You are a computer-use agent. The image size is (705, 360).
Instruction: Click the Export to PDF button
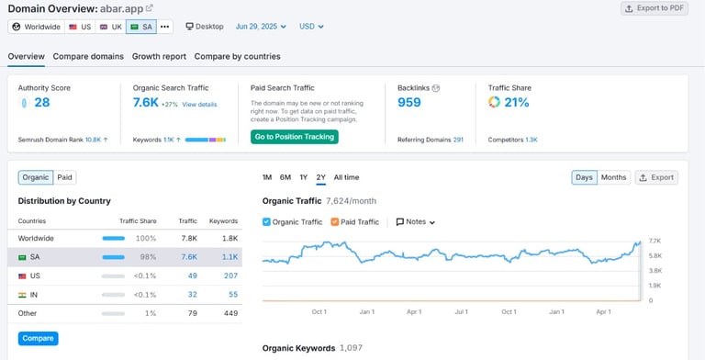(654, 8)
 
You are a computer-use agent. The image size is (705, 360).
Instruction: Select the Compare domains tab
(88, 56)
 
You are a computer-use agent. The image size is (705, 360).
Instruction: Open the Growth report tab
(159, 56)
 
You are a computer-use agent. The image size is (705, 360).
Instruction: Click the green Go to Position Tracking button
(294, 137)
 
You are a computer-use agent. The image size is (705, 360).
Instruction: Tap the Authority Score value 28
(41, 103)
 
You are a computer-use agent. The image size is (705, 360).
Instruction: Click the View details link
(199, 105)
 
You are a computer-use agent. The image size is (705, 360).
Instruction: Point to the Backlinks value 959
(409, 103)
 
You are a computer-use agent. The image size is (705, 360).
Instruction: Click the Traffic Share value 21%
(516, 103)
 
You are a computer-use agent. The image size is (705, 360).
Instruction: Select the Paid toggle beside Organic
(65, 177)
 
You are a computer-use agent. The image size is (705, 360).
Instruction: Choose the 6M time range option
(285, 177)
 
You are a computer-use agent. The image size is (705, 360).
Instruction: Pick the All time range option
(346, 177)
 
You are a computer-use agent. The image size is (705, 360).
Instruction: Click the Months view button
(613, 177)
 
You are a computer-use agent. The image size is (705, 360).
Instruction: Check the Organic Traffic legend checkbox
(267, 221)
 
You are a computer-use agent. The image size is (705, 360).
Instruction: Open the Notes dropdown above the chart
(416, 221)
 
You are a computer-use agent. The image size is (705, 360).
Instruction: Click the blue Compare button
(38, 338)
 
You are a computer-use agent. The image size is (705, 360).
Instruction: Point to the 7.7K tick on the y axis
(655, 241)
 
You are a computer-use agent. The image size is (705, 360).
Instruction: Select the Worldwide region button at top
(36, 27)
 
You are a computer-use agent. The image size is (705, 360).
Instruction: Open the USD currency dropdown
(311, 27)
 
